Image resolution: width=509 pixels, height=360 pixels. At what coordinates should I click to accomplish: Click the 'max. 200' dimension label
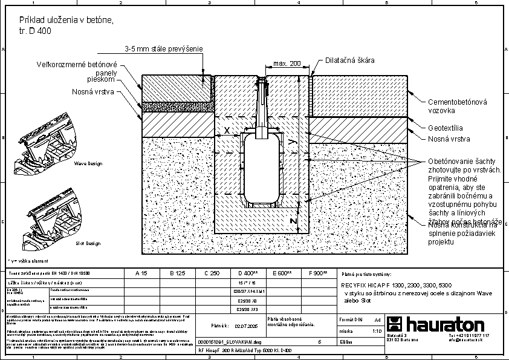[x=287, y=64]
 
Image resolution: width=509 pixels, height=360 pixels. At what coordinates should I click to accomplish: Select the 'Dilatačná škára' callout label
[x=350, y=61]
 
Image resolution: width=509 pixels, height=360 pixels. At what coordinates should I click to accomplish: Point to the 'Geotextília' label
[x=446, y=128]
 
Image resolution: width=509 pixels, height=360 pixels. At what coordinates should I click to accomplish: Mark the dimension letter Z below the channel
[x=293, y=221]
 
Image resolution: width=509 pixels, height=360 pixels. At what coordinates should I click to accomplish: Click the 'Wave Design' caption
[x=88, y=163]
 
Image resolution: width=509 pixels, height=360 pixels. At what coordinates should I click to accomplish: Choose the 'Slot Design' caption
[x=88, y=243]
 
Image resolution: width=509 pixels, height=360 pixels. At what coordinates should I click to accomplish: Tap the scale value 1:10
[x=376, y=330]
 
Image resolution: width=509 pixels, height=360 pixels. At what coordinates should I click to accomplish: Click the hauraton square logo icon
[x=394, y=324]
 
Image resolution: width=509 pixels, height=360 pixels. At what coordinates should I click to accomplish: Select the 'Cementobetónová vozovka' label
[x=449, y=106]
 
